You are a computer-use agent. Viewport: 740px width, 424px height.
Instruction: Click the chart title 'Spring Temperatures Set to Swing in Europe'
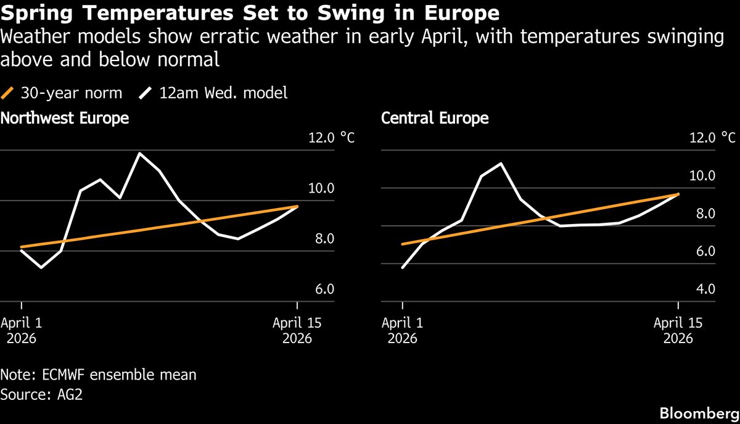tap(250, 13)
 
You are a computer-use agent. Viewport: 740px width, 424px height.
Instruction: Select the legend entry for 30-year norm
tap(62, 93)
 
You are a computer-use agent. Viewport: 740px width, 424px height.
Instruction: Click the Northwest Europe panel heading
tap(65, 118)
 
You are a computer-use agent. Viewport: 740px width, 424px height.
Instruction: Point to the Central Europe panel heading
tap(435, 118)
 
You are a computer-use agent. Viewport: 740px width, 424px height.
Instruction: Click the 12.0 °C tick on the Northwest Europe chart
tap(331, 138)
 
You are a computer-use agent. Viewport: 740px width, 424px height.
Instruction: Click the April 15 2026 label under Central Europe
tap(678, 331)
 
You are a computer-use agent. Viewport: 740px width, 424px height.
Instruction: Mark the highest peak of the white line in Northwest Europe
tap(140, 153)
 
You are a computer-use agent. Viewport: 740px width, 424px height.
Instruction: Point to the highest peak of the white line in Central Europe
tap(501, 164)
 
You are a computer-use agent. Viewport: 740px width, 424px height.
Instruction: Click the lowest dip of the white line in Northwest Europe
tap(41, 268)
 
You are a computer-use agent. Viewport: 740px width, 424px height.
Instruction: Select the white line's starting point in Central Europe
tap(402, 268)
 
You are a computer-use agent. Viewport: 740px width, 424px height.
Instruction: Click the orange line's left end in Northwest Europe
tap(22, 247)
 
